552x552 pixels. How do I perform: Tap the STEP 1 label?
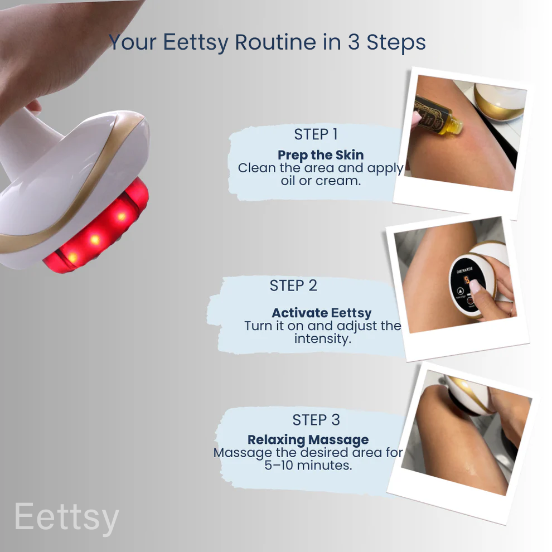(316, 135)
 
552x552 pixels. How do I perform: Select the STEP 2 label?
(293, 285)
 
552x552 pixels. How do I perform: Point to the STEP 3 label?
(316, 419)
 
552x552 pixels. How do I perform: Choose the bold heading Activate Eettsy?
(321, 313)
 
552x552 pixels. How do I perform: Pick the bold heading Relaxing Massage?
(308, 439)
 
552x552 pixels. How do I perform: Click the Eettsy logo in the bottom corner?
(66, 517)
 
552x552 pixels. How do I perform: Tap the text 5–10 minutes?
(308, 465)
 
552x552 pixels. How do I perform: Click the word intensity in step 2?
(323, 338)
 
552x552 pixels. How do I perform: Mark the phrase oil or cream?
(321, 181)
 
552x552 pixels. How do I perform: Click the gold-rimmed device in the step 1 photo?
(499, 100)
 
